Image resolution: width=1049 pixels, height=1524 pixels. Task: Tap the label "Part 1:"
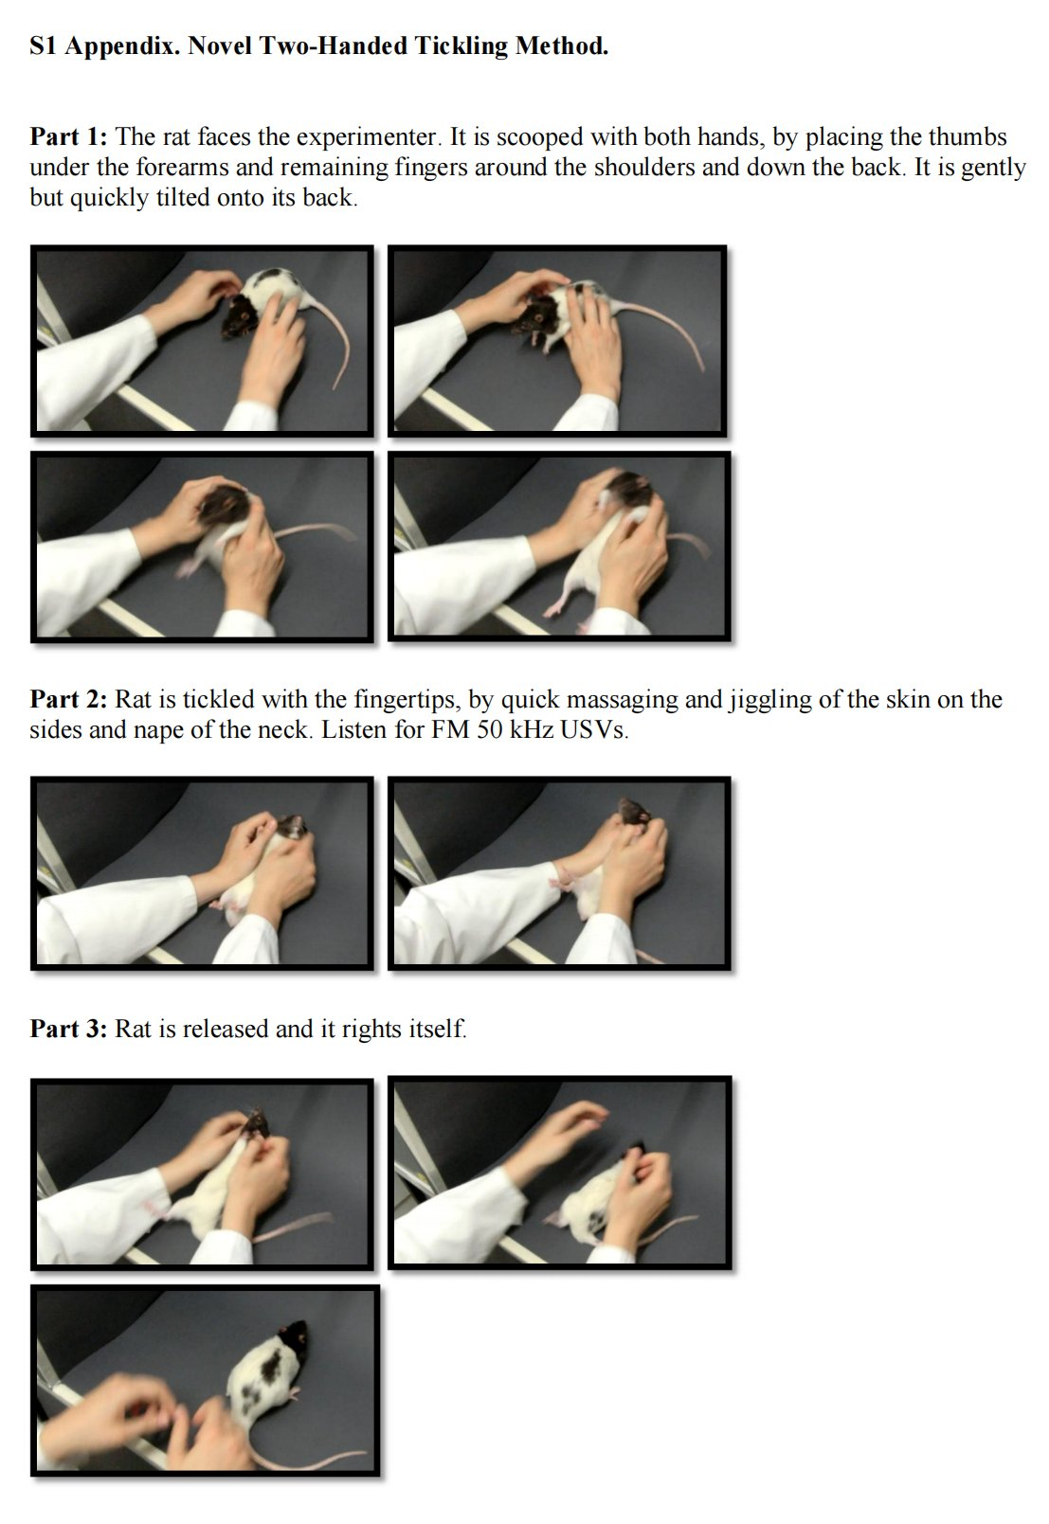[x=68, y=136]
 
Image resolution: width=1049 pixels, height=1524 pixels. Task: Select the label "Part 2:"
[x=68, y=699]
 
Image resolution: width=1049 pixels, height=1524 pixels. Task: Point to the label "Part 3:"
[x=68, y=1029]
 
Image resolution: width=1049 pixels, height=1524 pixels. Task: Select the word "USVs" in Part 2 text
[x=592, y=730]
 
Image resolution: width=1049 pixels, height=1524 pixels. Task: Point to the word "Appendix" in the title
[x=123, y=47]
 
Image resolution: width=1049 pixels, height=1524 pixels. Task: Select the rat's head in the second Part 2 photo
[x=633, y=812]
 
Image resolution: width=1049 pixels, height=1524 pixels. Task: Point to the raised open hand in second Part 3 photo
[x=559, y=1132]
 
